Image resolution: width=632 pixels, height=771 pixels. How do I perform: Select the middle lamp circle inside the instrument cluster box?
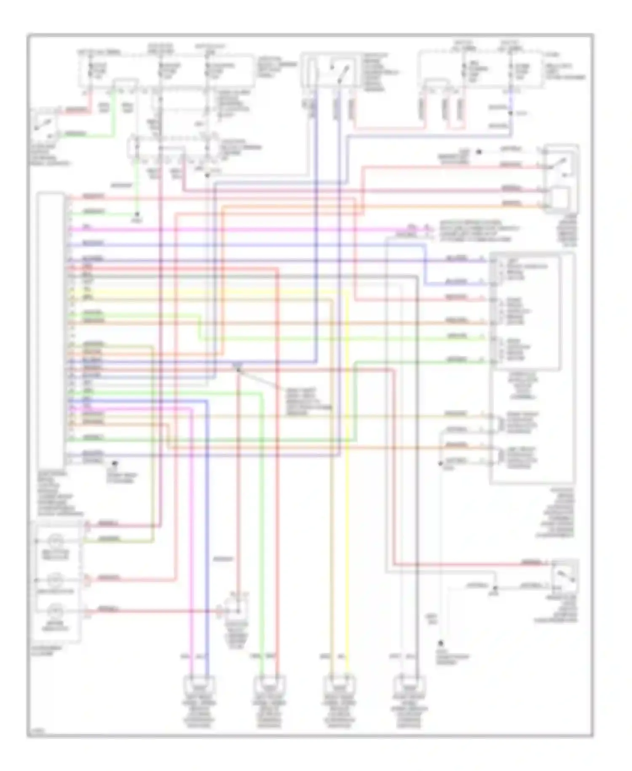pos(55,580)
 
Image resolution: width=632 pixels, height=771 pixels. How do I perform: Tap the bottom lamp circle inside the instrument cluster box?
pos(55,611)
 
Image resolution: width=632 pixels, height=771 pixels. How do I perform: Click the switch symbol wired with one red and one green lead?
pos(45,124)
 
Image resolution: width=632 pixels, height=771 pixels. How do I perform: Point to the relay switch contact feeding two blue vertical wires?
pos(338,70)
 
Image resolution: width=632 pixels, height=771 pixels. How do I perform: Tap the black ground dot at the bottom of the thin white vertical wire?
pos(440,644)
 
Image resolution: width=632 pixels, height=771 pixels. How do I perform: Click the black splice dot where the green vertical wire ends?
pos(136,214)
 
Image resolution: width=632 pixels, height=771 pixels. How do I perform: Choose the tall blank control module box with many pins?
pos(51,329)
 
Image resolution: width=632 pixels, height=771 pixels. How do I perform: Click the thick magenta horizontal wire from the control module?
pos(232,229)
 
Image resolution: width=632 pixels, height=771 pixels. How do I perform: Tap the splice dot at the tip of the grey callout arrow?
pos(238,369)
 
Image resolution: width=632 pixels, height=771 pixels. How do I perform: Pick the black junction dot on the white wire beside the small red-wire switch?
pos(495,587)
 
